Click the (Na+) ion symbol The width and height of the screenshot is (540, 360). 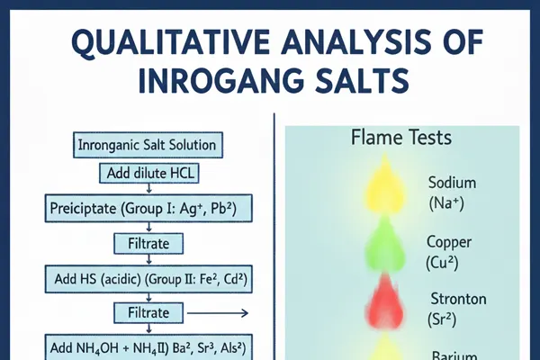(446, 204)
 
